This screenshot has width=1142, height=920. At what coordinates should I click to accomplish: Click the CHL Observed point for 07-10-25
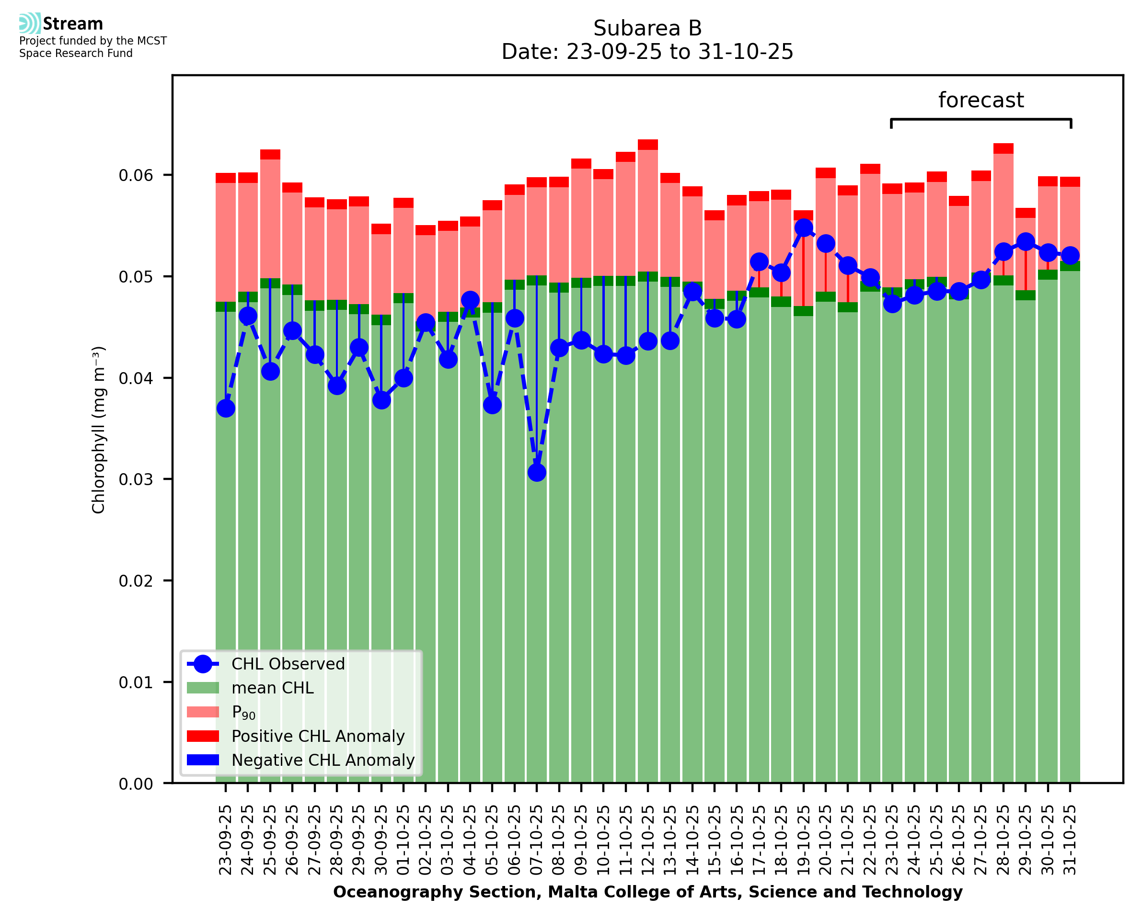[537, 472]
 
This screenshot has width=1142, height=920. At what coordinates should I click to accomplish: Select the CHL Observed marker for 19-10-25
[804, 228]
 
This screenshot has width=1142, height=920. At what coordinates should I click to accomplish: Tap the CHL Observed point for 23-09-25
[226, 408]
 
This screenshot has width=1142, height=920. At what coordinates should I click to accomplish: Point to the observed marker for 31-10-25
[1070, 255]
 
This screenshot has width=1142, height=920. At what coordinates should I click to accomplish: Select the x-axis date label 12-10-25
[648, 840]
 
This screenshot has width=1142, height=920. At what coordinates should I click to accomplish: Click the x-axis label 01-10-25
[404, 840]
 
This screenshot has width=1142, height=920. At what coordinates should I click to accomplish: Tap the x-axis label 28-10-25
[1004, 840]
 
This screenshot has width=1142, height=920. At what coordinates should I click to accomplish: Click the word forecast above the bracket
[981, 100]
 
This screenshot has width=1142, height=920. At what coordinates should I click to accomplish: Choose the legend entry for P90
[243, 712]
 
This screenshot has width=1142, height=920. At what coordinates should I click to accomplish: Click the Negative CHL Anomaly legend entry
[323, 760]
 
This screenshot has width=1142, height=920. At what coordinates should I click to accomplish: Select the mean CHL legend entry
[273, 688]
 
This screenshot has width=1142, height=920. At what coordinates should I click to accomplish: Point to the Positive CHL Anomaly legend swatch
[203, 736]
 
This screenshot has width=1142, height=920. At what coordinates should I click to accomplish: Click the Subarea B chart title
[647, 28]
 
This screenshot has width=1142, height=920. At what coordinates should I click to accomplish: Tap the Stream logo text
[73, 24]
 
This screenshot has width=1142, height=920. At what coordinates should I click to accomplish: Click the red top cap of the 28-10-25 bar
[1003, 148]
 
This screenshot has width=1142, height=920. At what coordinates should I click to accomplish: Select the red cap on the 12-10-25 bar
[648, 145]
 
